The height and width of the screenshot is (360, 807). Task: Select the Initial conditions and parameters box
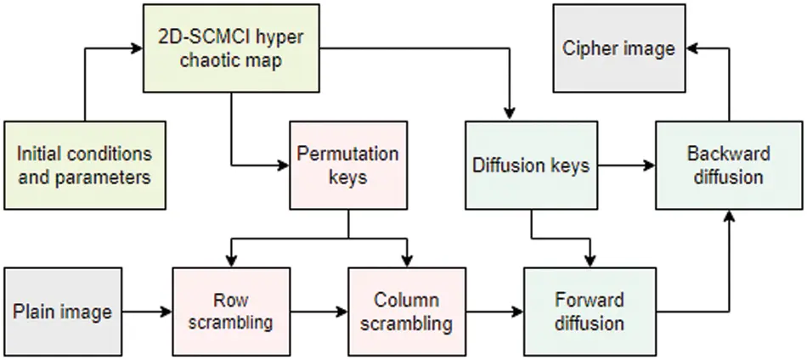click(x=84, y=165)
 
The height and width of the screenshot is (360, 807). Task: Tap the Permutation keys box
click(x=347, y=165)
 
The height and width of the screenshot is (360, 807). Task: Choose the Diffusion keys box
click(x=530, y=165)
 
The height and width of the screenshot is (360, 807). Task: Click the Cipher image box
click(x=618, y=48)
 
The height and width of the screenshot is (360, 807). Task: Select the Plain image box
click(x=62, y=311)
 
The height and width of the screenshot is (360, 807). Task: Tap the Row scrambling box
click(x=231, y=311)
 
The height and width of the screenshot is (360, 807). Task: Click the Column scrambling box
click(x=406, y=311)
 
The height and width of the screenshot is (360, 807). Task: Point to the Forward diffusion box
click(x=589, y=311)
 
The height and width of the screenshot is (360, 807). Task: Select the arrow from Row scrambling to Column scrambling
click(x=319, y=312)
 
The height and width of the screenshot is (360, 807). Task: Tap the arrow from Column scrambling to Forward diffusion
click(x=494, y=312)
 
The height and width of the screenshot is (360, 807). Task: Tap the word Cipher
click(x=589, y=48)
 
